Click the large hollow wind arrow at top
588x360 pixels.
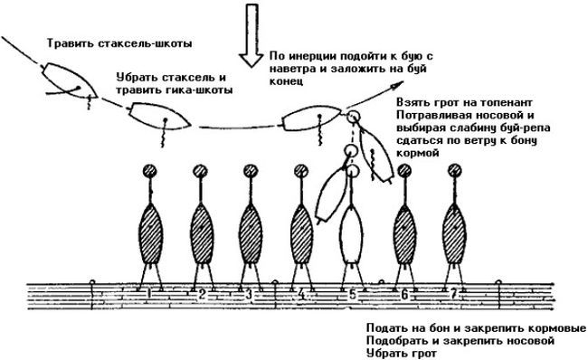(247, 27)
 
